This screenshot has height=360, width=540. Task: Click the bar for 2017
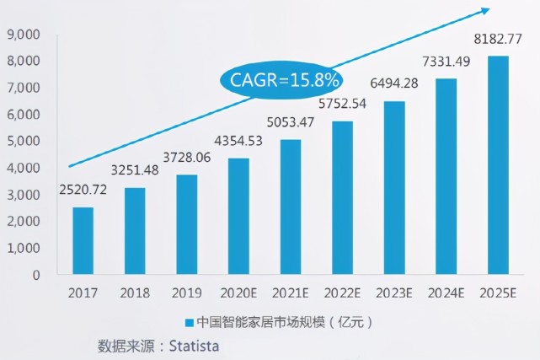point(83,241)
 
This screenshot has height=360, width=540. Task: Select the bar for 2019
point(187,224)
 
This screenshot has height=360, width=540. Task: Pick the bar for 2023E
point(393,188)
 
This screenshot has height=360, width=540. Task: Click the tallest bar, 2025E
point(498,165)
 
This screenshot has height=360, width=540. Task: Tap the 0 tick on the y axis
point(37,275)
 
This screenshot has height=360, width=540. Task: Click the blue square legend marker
point(189,322)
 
